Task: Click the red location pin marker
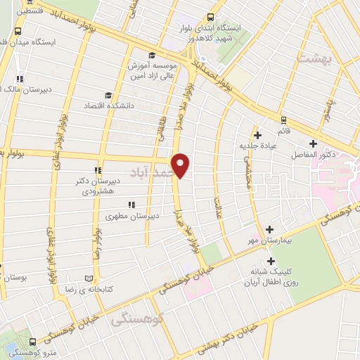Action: click(181, 165)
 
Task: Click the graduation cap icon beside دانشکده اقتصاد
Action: click(108, 96)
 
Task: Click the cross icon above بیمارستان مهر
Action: click(270, 229)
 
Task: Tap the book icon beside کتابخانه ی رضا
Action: click(88, 278)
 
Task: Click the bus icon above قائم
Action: click(284, 120)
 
